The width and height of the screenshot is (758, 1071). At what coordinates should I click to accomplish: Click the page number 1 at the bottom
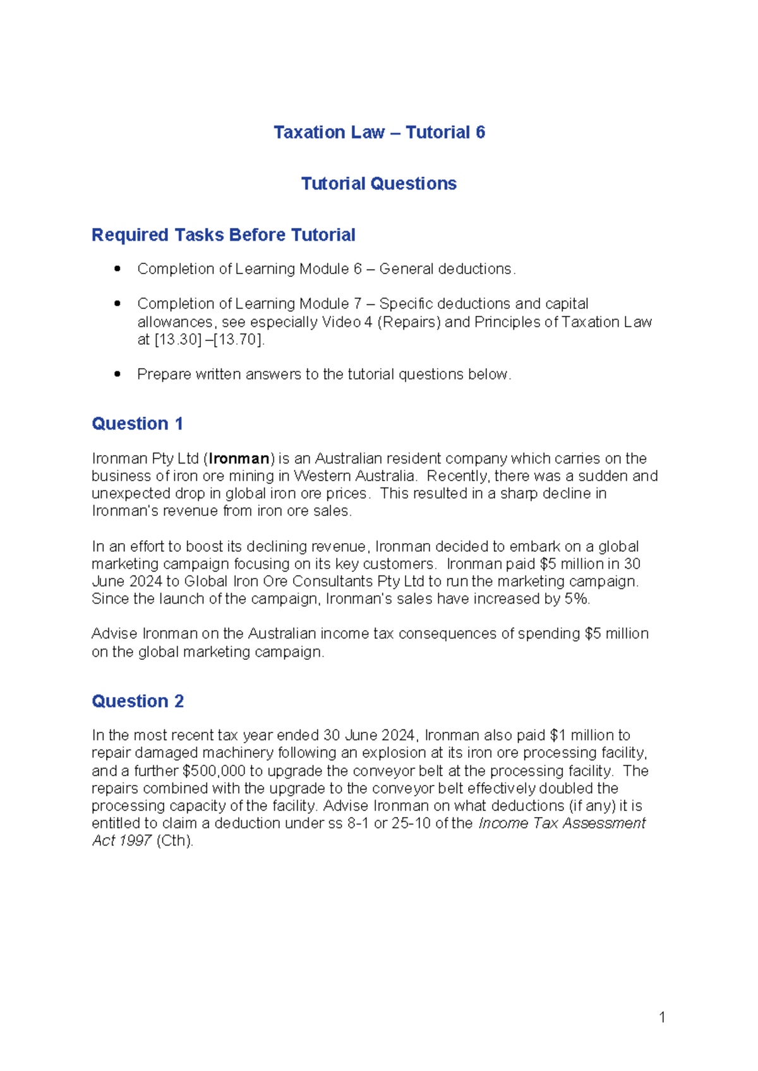(x=661, y=1017)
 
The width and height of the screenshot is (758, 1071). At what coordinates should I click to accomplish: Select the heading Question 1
(x=137, y=423)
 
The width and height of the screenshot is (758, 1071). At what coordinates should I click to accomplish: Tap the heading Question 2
(x=137, y=701)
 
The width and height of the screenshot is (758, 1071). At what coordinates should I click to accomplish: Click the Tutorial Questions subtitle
(x=378, y=183)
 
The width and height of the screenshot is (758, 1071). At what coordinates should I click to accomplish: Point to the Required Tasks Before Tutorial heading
(x=223, y=235)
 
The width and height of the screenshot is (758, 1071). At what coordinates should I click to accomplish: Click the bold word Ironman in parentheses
(x=239, y=458)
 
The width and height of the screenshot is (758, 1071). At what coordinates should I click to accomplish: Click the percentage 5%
(x=577, y=599)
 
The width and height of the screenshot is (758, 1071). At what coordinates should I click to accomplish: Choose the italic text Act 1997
(x=121, y=841)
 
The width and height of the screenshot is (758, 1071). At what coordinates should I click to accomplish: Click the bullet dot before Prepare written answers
(x=117, y=374)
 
